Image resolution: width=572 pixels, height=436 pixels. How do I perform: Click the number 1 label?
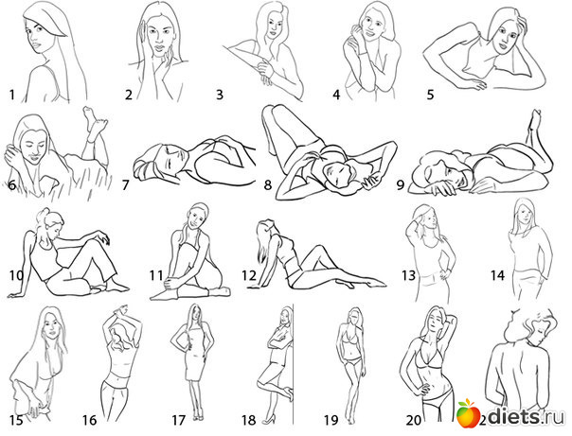point(12,96)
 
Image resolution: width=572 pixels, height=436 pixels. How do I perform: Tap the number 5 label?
point(431,95)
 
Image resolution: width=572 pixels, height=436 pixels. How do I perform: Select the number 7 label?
point(126,185)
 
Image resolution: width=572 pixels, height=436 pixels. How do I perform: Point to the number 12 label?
point(249,275)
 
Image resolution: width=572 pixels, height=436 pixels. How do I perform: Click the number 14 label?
point(497,275)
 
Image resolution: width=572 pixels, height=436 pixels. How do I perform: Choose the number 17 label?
point(179,420)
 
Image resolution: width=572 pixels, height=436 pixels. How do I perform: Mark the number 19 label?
point(331,420)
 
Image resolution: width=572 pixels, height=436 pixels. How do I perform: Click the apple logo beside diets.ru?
point(469,413)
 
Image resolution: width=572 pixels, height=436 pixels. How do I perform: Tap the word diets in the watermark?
point(514,416)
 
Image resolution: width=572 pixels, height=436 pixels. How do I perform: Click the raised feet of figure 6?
point(94,119)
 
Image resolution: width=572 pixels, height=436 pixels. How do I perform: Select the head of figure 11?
point(197,216)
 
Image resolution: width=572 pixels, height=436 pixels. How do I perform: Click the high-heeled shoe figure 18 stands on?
point(268,419)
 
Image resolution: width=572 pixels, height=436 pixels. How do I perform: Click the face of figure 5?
point(505,35)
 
